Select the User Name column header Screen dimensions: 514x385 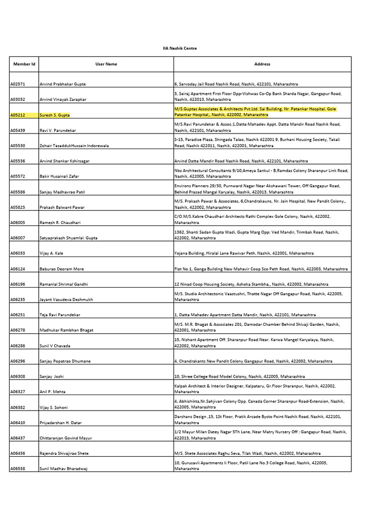[x=106, y=64]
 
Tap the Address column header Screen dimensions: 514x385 [x=262, y=64]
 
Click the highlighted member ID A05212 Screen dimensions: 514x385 [x=18, y=115]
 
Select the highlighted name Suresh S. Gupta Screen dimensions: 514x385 [x=55, y=115]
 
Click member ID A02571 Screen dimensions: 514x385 [x=18, y=84]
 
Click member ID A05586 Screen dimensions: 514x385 [x=18, y=192]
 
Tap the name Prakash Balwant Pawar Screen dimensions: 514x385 [x=62, y=207]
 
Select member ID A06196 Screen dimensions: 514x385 [x=18, y=284]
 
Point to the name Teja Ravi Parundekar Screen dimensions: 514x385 [x=60, y=315]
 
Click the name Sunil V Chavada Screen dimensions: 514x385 [x=55, y=346]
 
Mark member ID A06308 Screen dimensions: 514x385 [x=18, y=376]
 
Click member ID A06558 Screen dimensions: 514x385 [x=18, y=469]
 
